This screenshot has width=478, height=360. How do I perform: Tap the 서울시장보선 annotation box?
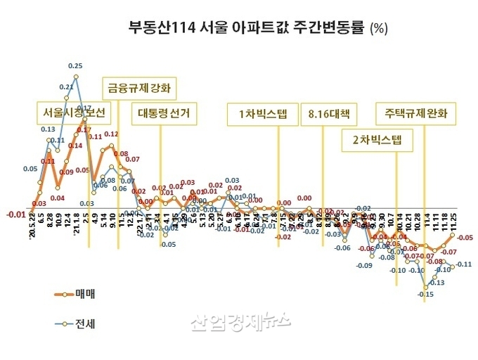(x=71, y=112)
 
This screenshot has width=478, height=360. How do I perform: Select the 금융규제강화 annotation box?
(x=138, y=89)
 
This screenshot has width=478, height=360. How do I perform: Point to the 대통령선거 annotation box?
(x=164, y=112)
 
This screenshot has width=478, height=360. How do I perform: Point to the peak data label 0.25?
(x=75, y=66)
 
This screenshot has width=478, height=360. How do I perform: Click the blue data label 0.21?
(x=67, y=87)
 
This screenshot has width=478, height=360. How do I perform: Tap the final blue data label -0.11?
(x=464, y=264)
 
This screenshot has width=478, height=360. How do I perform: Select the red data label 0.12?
(x=111, y=134)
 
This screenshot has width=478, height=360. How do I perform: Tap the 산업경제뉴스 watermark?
(x=240, y=323)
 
